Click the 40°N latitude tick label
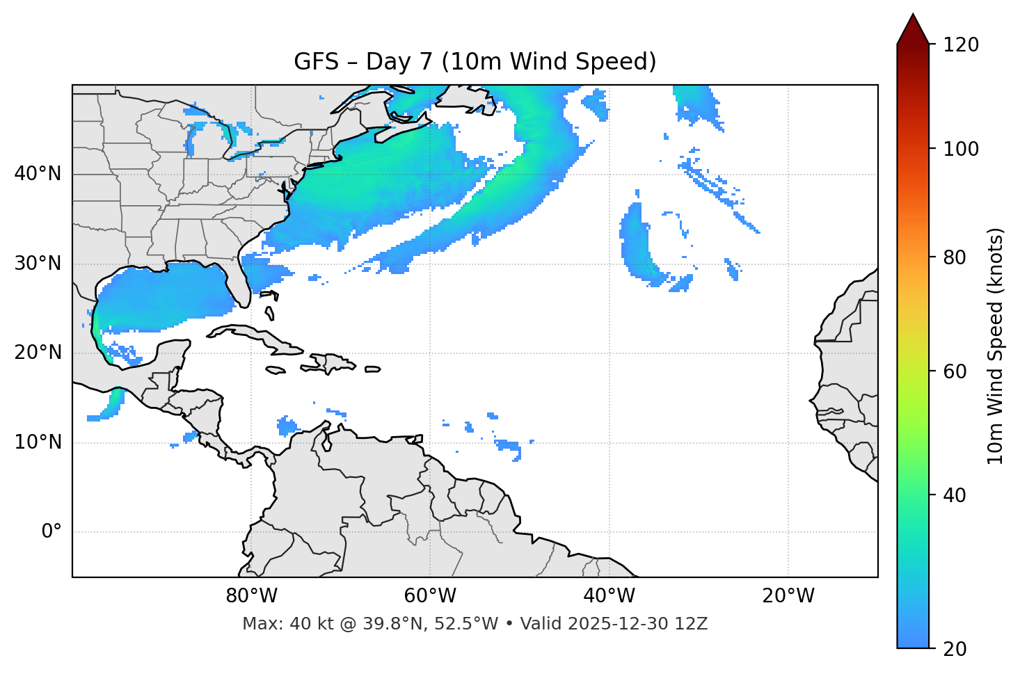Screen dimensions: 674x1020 [38, 174]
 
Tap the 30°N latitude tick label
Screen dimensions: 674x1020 [38, 264]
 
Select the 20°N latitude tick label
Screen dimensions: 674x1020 [38, 353]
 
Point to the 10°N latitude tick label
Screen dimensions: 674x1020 [38, 442]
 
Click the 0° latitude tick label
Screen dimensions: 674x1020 [51, 532]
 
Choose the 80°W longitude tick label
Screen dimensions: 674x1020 [251, 596]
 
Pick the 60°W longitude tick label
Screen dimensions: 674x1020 [430, 596]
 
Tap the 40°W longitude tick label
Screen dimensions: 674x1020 [609, 596]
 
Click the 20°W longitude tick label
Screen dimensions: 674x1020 [788, 596]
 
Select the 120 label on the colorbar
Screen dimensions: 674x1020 [961, 45]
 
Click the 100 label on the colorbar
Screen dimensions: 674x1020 [961, 149]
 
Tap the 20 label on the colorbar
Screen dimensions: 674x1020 [955, 649]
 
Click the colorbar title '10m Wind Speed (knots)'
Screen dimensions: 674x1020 [996, 346]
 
